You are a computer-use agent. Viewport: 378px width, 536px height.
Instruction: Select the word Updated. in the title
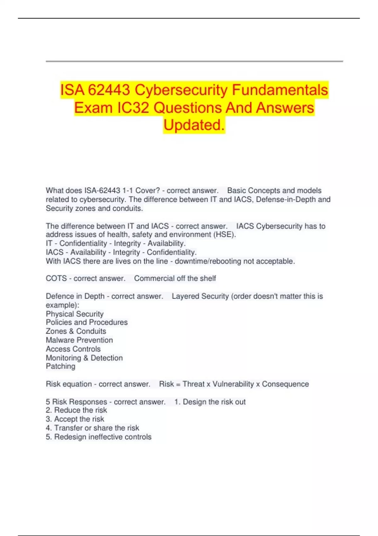[194, 125]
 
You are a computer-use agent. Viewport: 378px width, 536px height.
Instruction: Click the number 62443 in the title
[109, 90]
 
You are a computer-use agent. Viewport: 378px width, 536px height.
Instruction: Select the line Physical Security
[75, 314]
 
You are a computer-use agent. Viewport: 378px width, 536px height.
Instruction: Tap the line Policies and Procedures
[87, 322]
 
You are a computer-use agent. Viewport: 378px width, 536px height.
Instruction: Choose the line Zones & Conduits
[76, 331]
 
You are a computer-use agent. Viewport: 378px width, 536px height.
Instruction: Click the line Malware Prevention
[79, 340]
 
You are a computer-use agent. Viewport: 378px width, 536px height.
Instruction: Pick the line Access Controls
[73, 349]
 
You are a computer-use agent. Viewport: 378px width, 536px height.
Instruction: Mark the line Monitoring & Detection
[84, 358]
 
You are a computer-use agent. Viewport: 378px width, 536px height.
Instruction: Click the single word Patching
[60, 366]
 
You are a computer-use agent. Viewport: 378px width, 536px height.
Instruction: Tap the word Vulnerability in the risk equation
[233, 384]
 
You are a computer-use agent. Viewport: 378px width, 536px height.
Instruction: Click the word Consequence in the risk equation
[285, 384]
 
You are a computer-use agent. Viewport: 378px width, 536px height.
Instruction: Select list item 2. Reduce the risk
[76, 410]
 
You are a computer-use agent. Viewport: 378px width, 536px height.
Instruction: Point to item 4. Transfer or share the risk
[92, 428]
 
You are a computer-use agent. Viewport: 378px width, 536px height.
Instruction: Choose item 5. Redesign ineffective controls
[98, 437]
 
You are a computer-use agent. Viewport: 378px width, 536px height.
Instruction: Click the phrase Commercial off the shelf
[175, 278]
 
